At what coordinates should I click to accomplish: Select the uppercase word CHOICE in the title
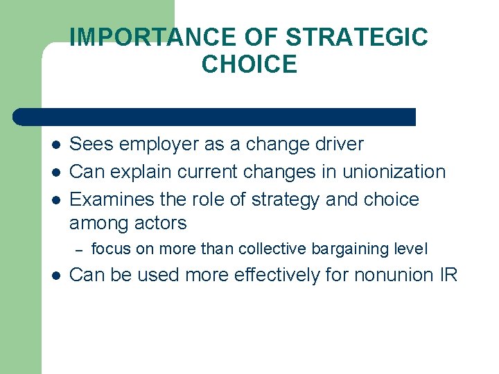coord(249,64)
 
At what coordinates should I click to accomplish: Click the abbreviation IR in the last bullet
coord(448,275)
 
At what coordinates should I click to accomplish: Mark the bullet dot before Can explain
coord(55,172)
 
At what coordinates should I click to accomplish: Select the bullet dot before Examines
coord(55,200)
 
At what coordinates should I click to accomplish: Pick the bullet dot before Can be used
coord(55,276)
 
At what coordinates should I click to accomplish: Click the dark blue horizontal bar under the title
coord(215,116)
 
